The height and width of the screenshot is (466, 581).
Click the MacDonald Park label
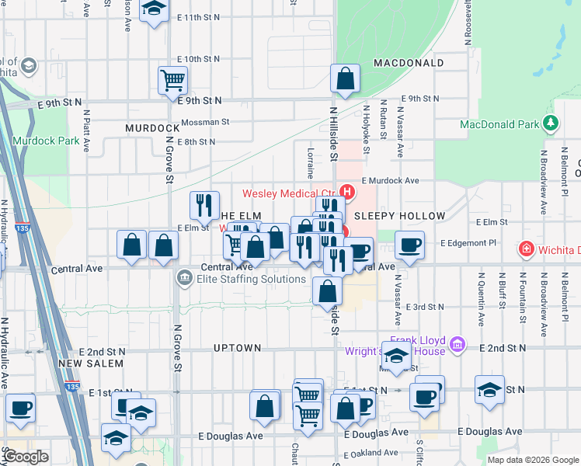(x=499, y=124)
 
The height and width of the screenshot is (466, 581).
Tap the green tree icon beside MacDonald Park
(x=551, y=123)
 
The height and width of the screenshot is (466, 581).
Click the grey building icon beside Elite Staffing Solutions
(x=184, y=277)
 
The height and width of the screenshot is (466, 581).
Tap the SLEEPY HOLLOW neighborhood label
(x=399, y=216)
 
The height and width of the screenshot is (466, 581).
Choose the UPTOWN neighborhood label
(x=238, y=348)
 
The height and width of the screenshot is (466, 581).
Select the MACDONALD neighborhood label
(x=409, y=63)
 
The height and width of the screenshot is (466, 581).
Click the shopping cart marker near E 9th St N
(x=172, y=80)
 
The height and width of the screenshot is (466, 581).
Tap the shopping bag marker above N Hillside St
(x=345, y=78)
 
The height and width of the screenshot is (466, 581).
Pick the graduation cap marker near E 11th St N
(x=154, y=10)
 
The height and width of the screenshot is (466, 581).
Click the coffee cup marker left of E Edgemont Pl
(x=410, y=245)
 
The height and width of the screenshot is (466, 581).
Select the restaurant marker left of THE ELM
(x=204, y=205)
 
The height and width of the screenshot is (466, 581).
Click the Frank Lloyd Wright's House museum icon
(x=457, y=343)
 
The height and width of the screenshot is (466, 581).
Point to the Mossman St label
(x=205, y=122)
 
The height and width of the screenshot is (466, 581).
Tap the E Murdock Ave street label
(x=390, y=180)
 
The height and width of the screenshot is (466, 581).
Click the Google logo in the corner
(x=25, y=457)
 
